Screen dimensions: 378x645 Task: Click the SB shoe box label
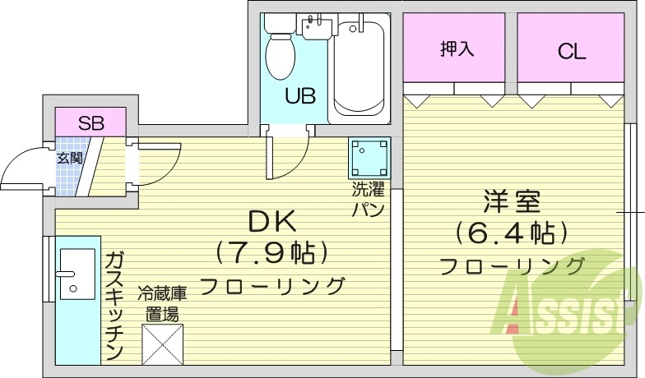90,123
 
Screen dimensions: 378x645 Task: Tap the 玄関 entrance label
69,158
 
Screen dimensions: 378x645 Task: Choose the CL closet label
571,51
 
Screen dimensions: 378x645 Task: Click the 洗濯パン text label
368,199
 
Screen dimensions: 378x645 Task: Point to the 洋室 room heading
512,201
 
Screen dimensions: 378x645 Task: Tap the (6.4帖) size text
512,233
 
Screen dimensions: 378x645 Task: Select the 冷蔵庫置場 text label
161,302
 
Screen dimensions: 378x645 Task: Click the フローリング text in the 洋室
512,265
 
